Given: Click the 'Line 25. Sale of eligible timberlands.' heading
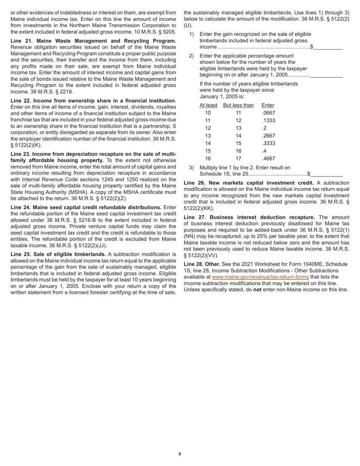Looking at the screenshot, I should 58,255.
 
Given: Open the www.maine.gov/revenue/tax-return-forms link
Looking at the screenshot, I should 260,277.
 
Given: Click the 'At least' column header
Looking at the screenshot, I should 208,105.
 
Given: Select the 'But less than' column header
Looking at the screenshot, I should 238,105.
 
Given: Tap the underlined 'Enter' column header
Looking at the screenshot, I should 268,105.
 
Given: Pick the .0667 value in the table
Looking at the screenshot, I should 268,113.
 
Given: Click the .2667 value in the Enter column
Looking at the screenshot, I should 268,136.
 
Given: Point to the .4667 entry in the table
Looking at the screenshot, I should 268,159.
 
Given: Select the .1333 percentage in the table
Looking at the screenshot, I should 268,120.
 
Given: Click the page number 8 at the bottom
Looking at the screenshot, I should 180,454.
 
